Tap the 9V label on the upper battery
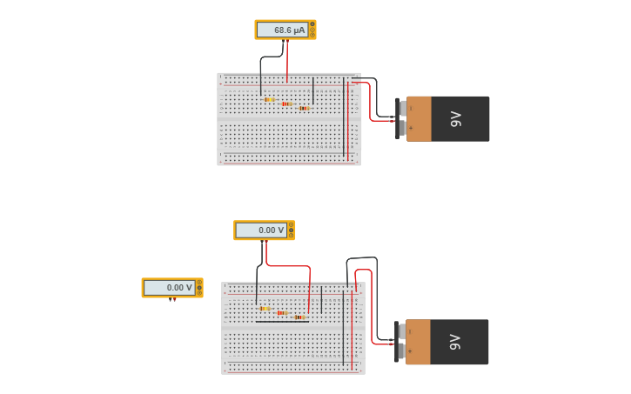[456, 118]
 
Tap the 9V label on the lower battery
[455, 342]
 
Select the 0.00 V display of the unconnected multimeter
[169, 287]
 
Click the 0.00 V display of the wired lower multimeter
[261, 230]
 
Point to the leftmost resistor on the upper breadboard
[270, 99]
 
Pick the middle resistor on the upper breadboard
[286, 104]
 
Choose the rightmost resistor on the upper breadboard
[304, 108]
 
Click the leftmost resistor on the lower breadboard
[265, 308]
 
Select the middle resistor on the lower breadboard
[282, 312]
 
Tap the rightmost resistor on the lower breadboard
[299, 317]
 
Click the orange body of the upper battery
[419, 118]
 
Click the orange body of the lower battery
[418, 342]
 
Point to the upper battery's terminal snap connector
[400, 118]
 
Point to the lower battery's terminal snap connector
[399, 342]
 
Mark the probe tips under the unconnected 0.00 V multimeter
[172, 300]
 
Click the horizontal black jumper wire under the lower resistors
[282, 321]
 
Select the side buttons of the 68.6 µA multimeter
[312, 30]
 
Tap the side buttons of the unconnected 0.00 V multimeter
[199, 287]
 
